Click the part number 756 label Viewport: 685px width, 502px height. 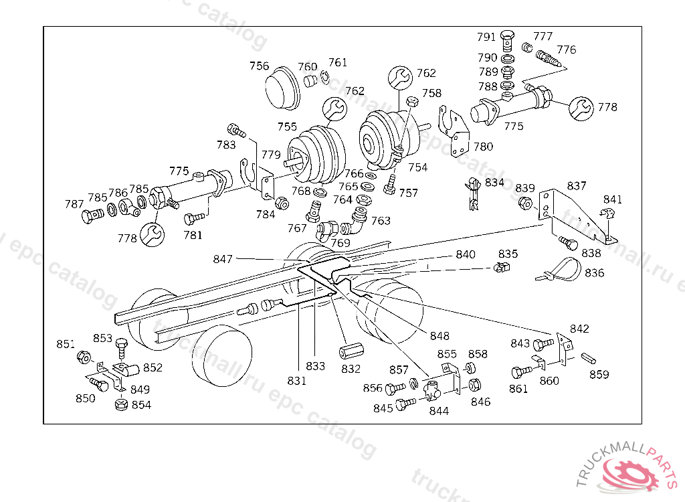259,66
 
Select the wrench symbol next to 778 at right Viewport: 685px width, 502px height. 581,108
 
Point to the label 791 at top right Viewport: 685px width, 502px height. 486,37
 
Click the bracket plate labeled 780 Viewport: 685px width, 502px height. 454,131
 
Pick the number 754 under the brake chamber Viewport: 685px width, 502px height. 417,167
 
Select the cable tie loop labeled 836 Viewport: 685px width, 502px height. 562,269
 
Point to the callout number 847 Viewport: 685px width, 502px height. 222,259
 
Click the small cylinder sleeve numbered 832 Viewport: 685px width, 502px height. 349,351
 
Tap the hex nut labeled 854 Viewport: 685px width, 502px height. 122,404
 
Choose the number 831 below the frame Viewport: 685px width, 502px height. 296,381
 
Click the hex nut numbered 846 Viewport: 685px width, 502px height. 474,386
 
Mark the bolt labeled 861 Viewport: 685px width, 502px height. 522,372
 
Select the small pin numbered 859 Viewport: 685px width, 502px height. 589,358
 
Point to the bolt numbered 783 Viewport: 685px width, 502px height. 237,130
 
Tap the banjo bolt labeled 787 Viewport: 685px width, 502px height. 92,216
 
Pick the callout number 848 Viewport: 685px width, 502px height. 439,336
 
